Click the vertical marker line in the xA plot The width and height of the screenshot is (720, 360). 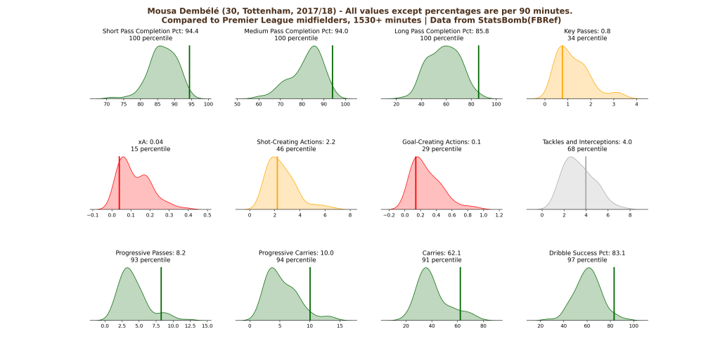click(x=119, y=183)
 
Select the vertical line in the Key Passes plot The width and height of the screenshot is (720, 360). click(x=562, y=73)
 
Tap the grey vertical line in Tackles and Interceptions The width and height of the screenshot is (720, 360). click(x=586, y=183)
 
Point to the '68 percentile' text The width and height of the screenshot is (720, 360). click(x=587, y=149)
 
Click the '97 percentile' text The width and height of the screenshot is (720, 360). click(x=587, y=259)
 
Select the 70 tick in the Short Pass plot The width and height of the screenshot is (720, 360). click(x=107, y=105)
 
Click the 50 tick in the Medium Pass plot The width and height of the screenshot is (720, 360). click(x=238, y=105)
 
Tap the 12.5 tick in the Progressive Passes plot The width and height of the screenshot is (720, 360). click(x=190, y=326)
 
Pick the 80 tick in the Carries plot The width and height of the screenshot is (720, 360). click(x=483, y=326)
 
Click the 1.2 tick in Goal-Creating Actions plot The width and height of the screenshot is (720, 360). click(x=499, y=216)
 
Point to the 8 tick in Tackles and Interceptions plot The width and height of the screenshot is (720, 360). click(x=630, y=216)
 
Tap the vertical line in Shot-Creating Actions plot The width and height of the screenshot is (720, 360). click(x=277, y=183)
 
